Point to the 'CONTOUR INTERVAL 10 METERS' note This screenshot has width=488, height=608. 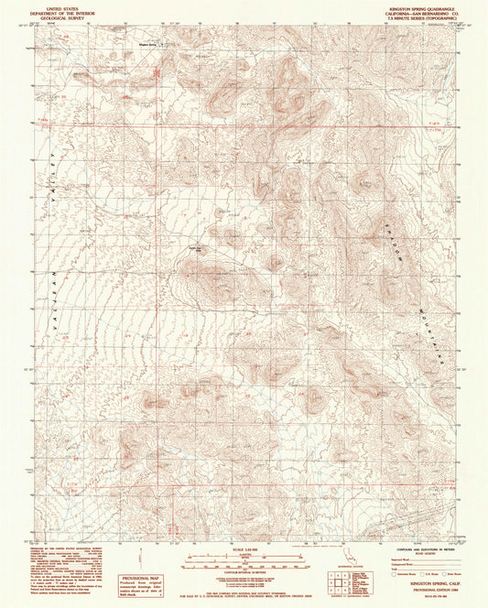click(243, 569)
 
